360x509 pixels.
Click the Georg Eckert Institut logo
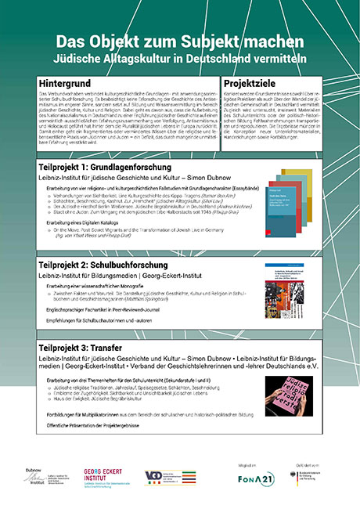99,477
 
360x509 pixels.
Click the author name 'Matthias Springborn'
148,300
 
